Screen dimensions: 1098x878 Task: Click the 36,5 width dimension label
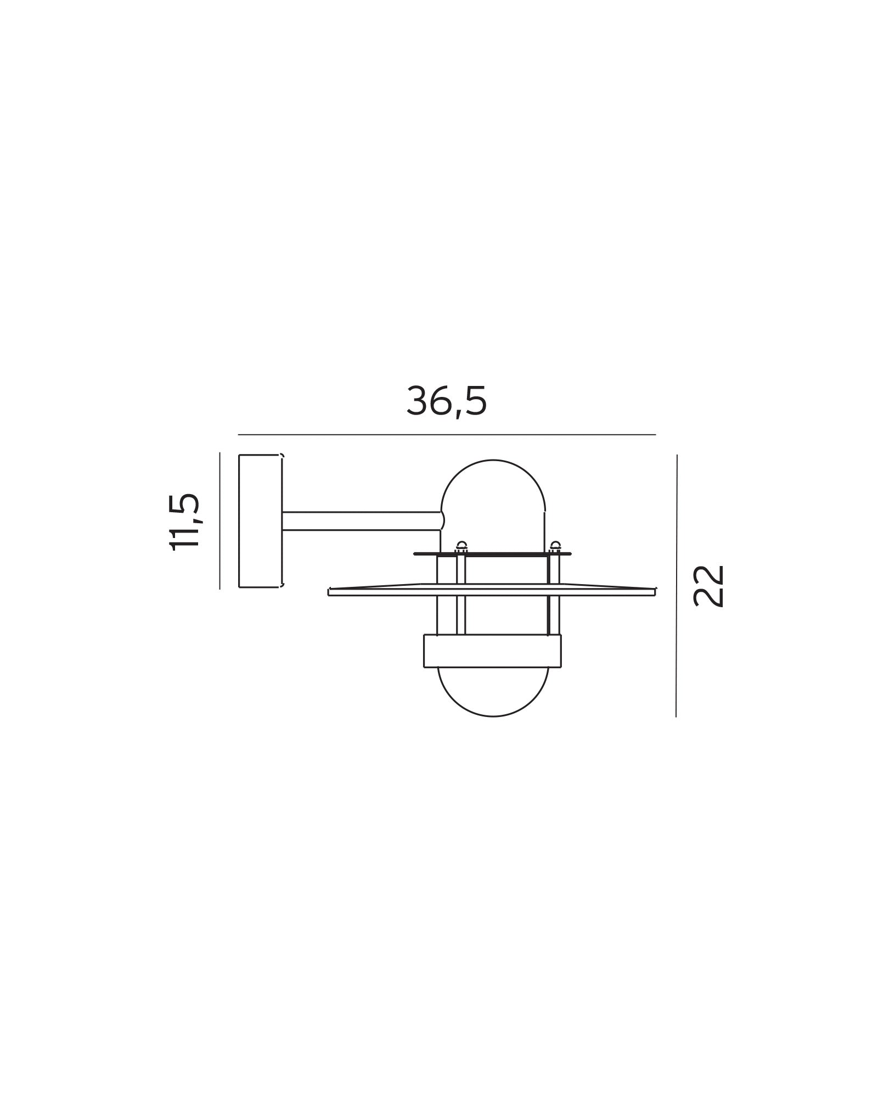point(446,401)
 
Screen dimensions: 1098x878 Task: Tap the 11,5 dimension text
point(185,521)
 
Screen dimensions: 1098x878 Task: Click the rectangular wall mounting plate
point(260,520)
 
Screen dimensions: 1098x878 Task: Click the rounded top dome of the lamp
point(493,483)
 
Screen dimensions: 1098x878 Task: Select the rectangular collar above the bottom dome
point(492,651)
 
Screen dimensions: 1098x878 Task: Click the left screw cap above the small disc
point(461,546)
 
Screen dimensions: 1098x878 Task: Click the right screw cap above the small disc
point(555,546)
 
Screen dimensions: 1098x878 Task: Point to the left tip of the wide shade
point(330,592)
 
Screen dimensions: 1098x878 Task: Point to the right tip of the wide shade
point(654,591)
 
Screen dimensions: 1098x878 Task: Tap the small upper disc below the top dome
point(492,554)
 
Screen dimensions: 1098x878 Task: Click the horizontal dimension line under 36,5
point(446,434)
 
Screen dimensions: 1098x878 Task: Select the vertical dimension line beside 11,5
point(219,520)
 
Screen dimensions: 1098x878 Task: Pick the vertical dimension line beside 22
point(676,585)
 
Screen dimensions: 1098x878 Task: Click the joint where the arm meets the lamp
point(442,521)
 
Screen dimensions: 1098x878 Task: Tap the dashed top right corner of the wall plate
point(282,455)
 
